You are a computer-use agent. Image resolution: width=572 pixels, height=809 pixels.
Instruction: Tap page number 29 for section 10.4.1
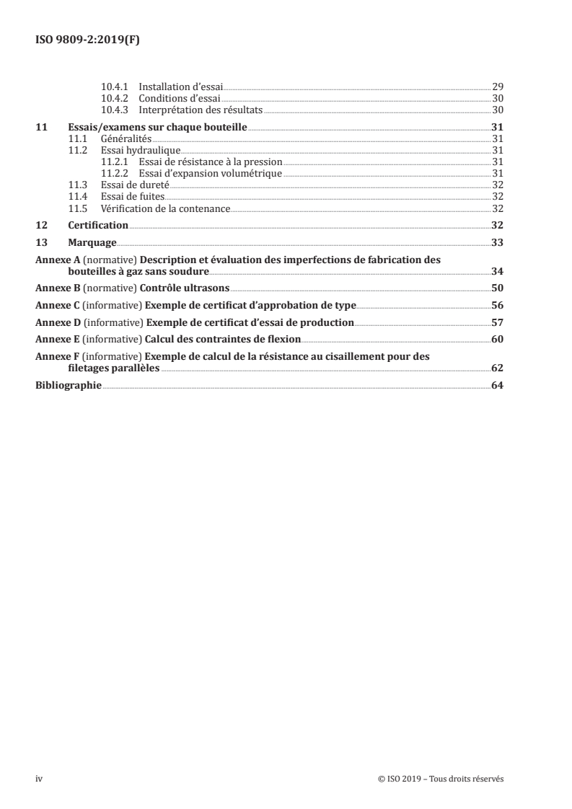point(497,87)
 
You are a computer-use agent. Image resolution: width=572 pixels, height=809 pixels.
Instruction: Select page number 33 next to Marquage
point(497,242)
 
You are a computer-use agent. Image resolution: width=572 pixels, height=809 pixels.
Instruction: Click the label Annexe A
point(58,259)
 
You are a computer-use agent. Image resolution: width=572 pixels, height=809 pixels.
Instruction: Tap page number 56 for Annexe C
point(497,305)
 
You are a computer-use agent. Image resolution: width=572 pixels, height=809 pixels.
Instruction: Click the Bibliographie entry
point(69,386)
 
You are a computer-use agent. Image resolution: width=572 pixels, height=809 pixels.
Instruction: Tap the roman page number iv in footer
point(39,779)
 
